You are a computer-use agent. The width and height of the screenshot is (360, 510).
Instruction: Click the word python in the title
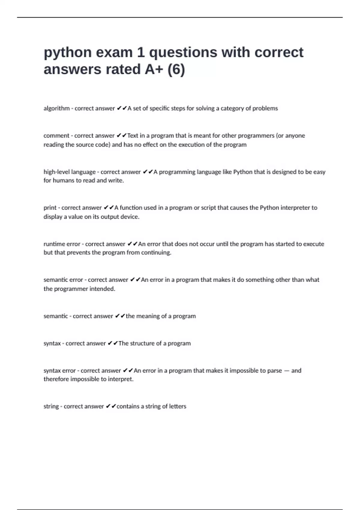tap(68, 53)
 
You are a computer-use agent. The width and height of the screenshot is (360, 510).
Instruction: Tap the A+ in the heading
tap(154, 69)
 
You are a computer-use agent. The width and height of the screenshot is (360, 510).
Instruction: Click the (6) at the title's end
tap(176, 69)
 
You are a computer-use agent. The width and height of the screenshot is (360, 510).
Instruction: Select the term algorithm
tap(56, 108)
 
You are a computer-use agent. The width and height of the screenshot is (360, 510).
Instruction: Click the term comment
tap(56, 136)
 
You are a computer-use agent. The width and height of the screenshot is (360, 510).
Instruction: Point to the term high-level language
tap(70, 172)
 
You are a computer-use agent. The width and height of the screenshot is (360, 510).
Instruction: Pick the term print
tap(50, 208)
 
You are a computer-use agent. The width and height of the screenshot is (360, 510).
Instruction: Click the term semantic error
tap(63, 280)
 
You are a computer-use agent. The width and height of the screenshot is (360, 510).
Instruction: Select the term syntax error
tap(59, 370)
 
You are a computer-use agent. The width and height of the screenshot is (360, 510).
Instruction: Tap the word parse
tap(274, 370)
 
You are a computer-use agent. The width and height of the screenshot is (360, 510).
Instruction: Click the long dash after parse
tap(286, 370)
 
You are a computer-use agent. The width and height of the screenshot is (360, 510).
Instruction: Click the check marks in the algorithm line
tap(122, 108)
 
